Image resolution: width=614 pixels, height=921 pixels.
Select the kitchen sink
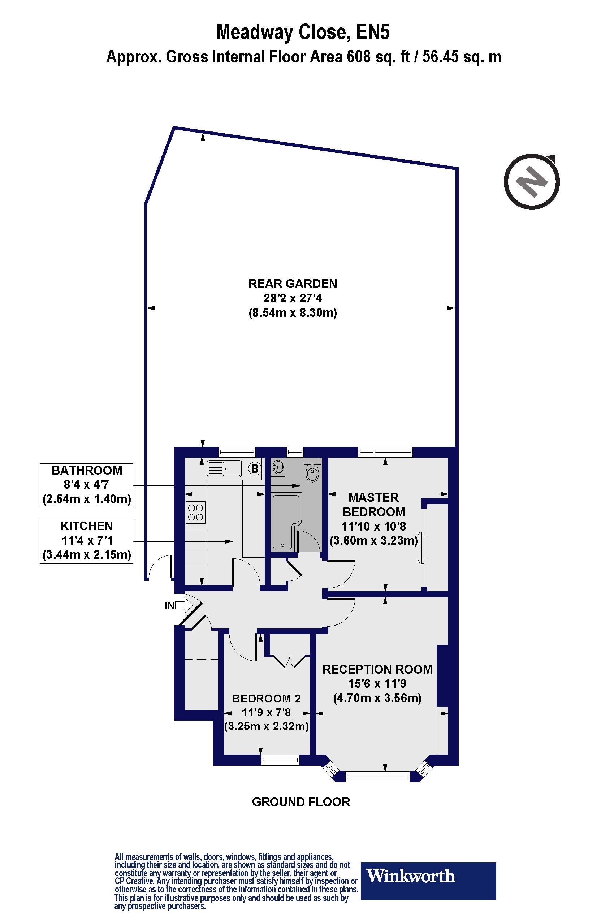point(224,468)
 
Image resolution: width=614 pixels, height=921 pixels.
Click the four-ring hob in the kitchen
point(195,513)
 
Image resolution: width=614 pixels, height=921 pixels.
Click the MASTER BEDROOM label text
point(373,504)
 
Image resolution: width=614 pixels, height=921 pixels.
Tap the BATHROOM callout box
point(86,485)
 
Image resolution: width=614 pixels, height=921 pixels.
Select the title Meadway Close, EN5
point(303,32)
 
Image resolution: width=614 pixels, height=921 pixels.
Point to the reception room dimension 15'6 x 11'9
point(377,684)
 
